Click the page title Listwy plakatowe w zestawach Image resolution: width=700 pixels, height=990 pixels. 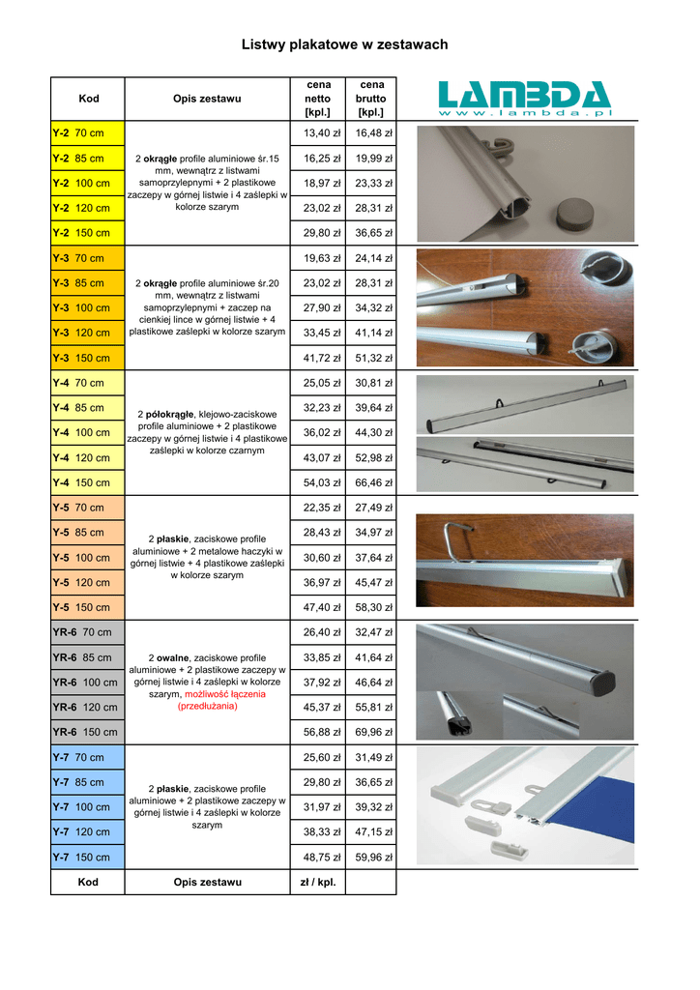[x=344, y=44]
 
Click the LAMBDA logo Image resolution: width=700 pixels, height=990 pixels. [x=525, y=96]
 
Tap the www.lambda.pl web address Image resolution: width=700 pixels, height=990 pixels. [x=526, y=115]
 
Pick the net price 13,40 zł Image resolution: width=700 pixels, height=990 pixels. [x=317, y=132]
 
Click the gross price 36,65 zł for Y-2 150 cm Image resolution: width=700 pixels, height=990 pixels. [x=370, y=233]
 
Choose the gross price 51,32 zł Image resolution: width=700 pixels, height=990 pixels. [x=370, y=358]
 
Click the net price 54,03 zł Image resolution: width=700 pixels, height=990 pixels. [x=317, y=482]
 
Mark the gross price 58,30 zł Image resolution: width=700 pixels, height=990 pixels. [x=370, y=607]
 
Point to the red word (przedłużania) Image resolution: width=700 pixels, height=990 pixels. [x=207, y=706]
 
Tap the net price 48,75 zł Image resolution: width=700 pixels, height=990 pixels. [x=317, y=857]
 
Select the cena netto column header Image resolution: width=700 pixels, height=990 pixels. [x=317, y=99]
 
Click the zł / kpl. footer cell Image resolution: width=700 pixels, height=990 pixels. [x=317, y=882]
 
